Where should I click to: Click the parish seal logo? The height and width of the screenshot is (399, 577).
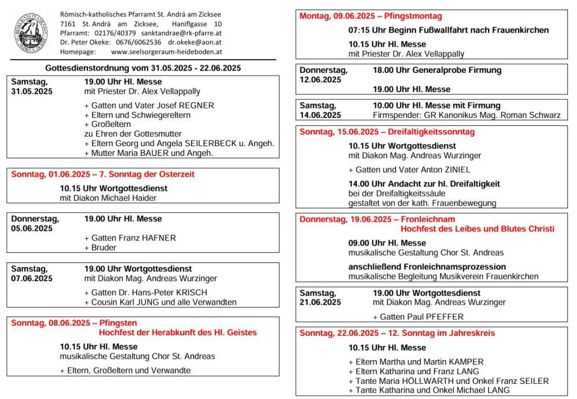click(32, 32)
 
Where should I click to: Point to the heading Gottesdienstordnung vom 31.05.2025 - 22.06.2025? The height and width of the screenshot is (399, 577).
click(143, 68)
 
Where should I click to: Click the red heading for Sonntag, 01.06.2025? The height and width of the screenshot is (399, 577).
click(103, 174)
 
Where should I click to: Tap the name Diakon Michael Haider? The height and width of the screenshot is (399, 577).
click(119, 198)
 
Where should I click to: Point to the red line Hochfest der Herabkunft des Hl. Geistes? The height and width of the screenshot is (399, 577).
click(177, 332)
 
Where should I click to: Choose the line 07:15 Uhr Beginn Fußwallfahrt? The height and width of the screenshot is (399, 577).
click(449, 30)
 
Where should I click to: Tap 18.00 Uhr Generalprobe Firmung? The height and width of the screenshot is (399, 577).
click(437, 71)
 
